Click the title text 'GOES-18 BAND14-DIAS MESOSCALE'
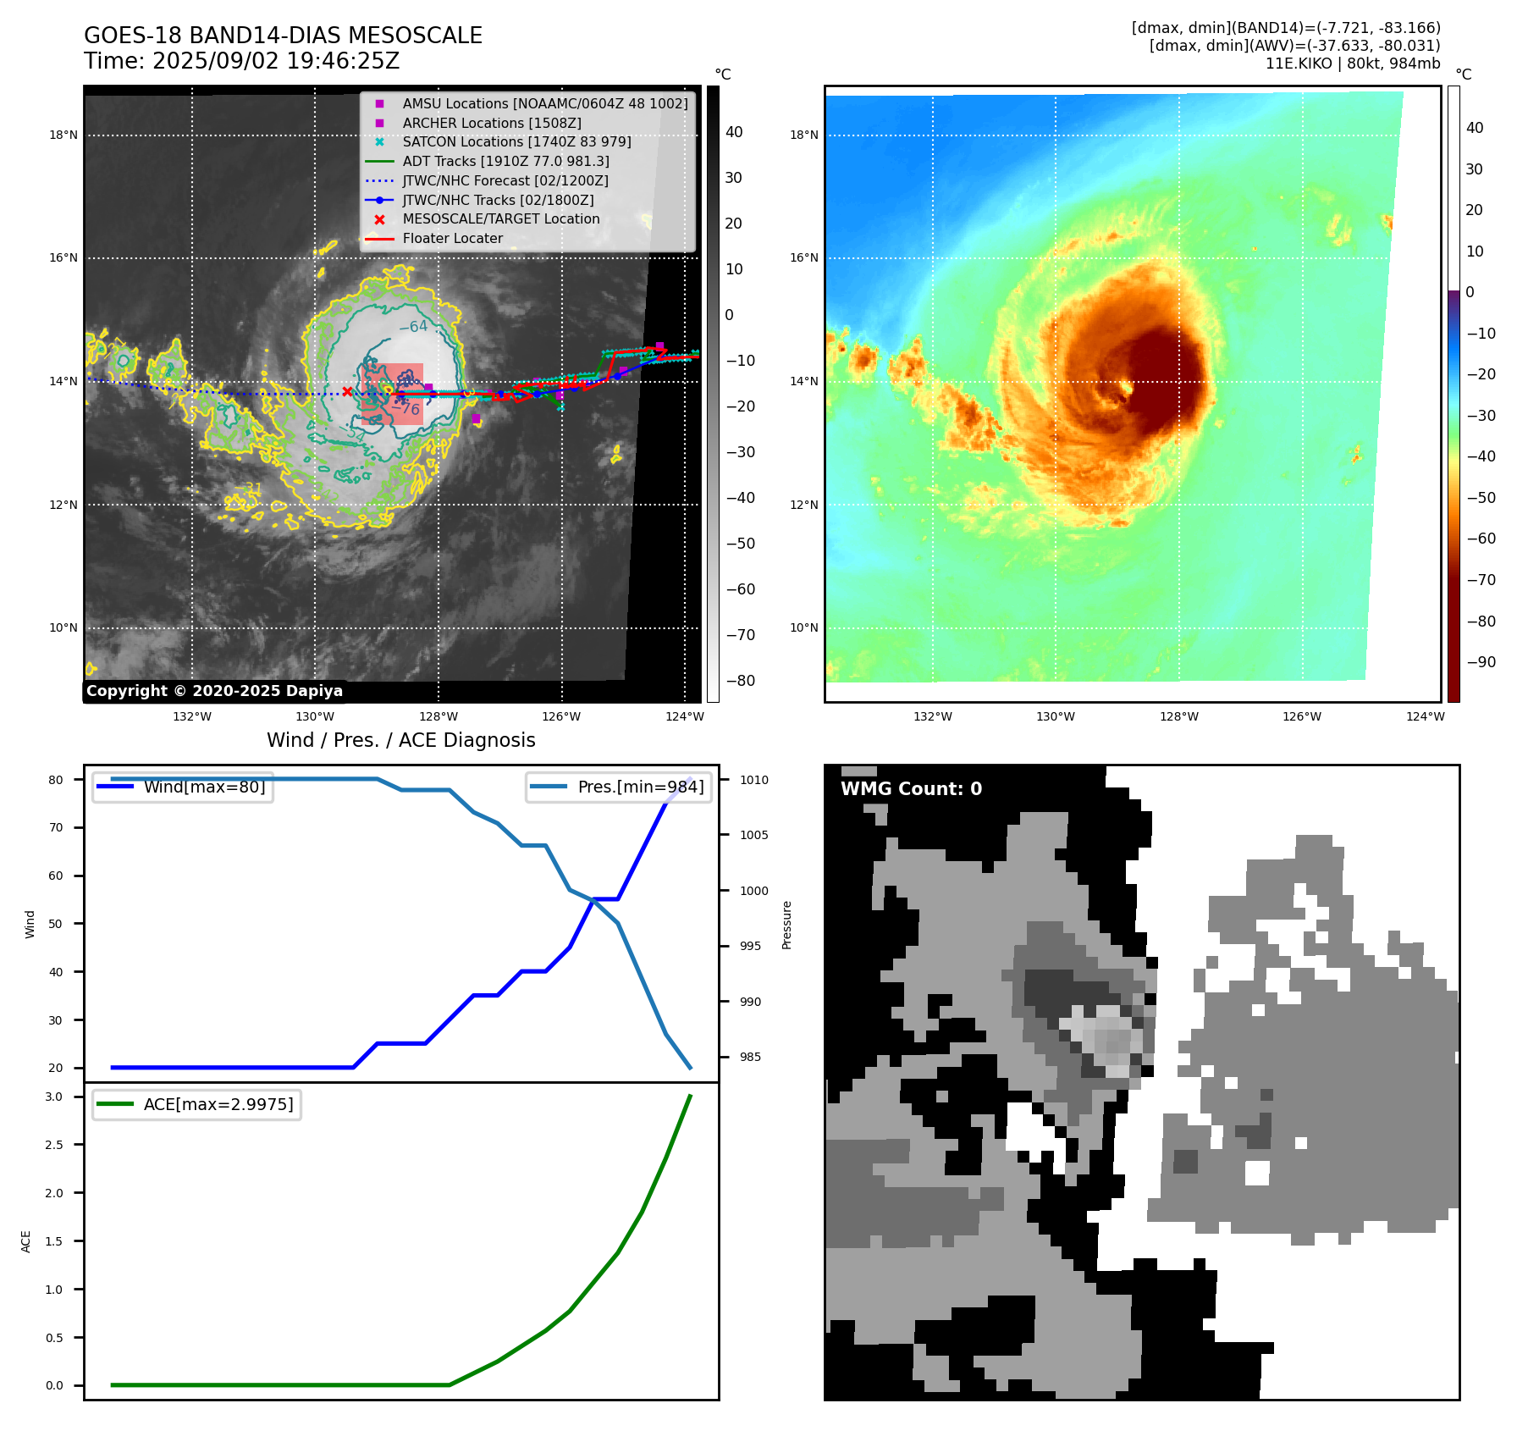point(283,36)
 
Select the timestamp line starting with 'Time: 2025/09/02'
point(241,62)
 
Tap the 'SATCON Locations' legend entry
point(516,142)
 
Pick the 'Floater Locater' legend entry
point(452,239)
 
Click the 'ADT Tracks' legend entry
point(505,162)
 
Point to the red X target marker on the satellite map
point(347,391)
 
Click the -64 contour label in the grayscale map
point(413,327)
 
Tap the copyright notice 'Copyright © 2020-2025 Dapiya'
point(214,691)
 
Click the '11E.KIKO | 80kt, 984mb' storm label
point(1352,64)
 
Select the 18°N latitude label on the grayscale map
point(63,135)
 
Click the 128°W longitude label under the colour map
point(1178,717)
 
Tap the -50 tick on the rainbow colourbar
point(1481,498)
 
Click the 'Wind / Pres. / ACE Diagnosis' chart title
point(400,741)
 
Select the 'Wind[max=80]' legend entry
point(204,787)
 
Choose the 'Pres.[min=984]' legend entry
point(640,787)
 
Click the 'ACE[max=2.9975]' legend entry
point(218,1104)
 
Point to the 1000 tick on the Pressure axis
point(753,891)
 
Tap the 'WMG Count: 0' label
point(911,789)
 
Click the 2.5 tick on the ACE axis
point(54,1145)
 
